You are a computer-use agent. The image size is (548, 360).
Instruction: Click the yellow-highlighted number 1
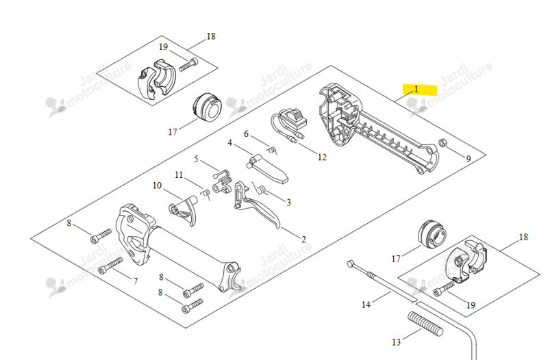tap(416, 90)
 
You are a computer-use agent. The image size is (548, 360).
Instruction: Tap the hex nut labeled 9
tap(443, 142)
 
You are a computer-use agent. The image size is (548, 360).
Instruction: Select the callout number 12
tap(322, 157)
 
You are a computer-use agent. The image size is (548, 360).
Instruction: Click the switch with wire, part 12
tap(290, 124)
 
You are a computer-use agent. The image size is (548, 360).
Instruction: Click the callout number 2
tap(303, 240)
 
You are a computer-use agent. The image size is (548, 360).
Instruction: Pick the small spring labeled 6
tap(272, 150)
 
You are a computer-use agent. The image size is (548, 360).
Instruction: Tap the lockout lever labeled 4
tap(268, 168)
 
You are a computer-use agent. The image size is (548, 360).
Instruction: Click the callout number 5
tap(196, 159)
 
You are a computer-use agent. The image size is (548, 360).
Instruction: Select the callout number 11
tap(179, 175)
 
